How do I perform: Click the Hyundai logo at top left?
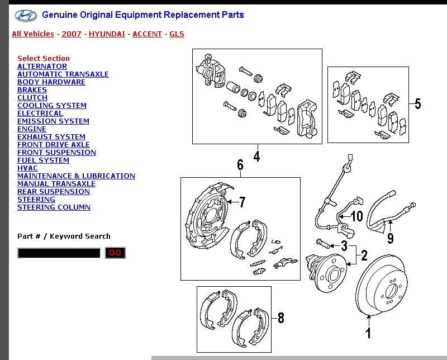(x=26, y=16)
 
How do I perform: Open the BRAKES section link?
(x=32, y=90)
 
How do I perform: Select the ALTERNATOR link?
(x=42, y=67)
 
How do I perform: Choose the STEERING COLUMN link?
(x=54, y=207)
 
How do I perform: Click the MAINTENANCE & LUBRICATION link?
(x=76, y=176)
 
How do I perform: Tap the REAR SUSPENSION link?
(x=53, y=192)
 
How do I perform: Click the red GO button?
(x=115, y=253)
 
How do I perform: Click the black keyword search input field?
(x=59, y=253)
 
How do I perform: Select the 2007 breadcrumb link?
(x=72, y=34)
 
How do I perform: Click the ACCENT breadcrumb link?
(x=147, y=34)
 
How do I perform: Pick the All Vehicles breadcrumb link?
(x=33, y=34)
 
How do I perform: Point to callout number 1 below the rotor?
(x=368, y=334)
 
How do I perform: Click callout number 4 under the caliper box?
(x=256, y=157)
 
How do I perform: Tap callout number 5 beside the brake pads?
(x=417, y=104)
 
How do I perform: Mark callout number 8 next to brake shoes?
(x=280, y=318)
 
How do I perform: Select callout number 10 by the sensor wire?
(x=356, y=216)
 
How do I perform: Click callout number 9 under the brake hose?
(x=390, y=239)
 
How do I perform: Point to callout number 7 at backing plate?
(x=242, y=202)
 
